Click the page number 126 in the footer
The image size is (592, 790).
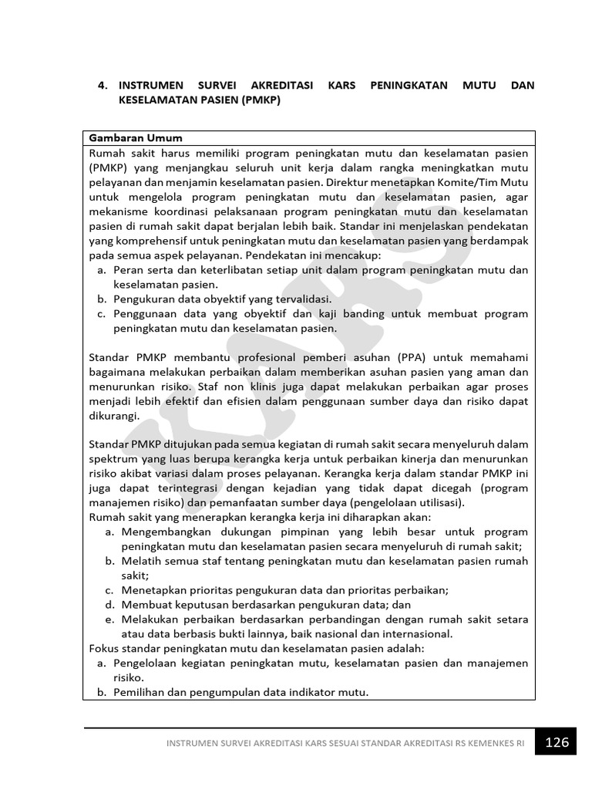(557, 742)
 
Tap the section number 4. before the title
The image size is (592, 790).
(103, 86)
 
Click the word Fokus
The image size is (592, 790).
(106, 648)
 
